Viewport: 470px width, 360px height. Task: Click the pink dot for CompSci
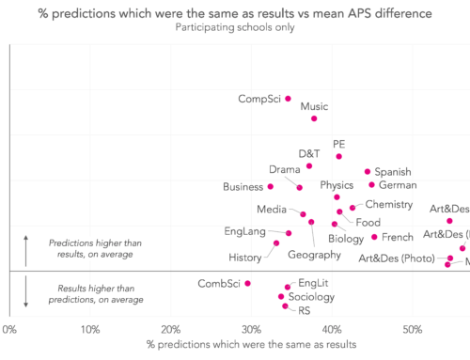pos(288,98)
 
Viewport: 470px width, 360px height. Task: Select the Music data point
pos(314,118)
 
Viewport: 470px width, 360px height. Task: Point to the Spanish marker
pos(368,172)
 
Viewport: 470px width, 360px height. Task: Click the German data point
pos(371,185)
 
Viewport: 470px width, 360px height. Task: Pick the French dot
pos(374,237)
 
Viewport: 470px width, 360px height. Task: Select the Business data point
pos(271,186)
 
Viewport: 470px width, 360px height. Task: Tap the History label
pos(245,258)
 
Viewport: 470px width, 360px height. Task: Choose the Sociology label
pos(310,297)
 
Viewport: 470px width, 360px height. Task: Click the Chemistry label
pos(389,204)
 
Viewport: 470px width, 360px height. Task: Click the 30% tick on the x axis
pos(251,329)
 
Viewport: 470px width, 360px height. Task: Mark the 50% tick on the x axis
pos(412,329)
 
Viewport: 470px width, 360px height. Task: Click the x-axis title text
pos(252,345)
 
